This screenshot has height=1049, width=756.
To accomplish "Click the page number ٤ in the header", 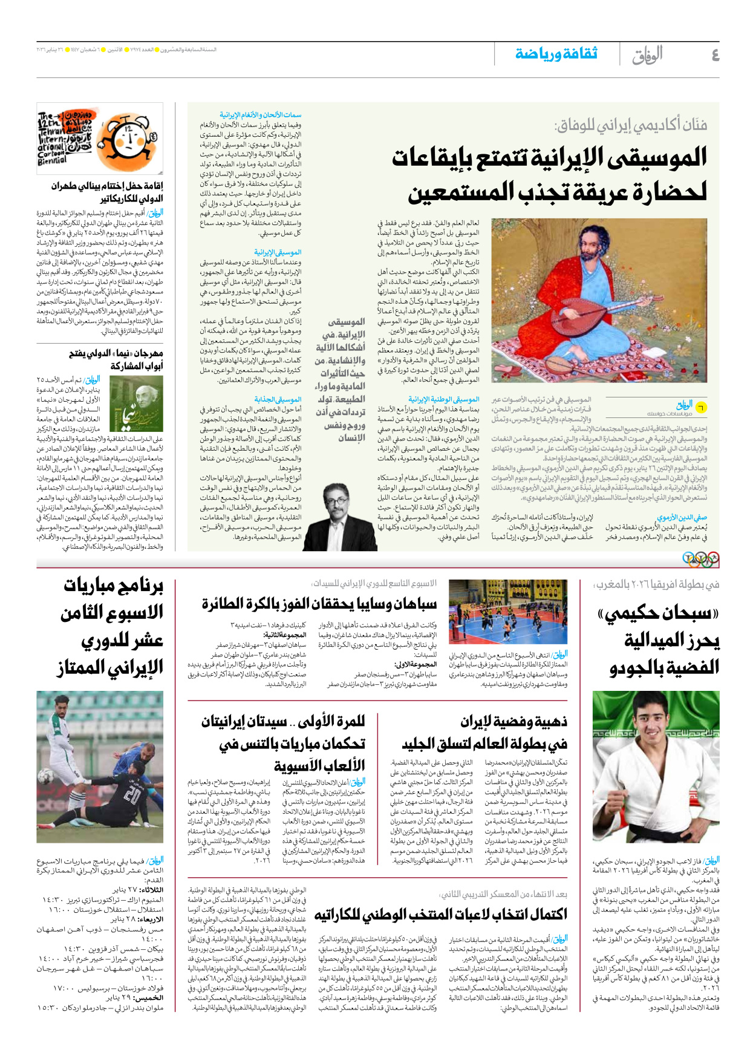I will (x=715, y=55).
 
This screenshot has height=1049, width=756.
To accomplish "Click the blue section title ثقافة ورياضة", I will (x=556, y=54).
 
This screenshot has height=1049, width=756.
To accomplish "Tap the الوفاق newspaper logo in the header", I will (x=647, y=55).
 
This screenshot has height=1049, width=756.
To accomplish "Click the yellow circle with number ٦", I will (x=701, y=407).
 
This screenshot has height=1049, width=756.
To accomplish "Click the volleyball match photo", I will (x=508, y=612).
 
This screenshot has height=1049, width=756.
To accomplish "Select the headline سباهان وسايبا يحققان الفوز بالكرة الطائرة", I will (x=319, y=604).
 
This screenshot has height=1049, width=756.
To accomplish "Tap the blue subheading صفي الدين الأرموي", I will (x=682, y=517).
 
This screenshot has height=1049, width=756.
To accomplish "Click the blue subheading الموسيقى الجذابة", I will (x=278, y=399).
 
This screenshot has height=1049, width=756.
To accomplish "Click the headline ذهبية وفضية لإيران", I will (x=513, y=722).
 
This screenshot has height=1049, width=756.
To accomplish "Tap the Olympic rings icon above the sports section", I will (x=700, y=558).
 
